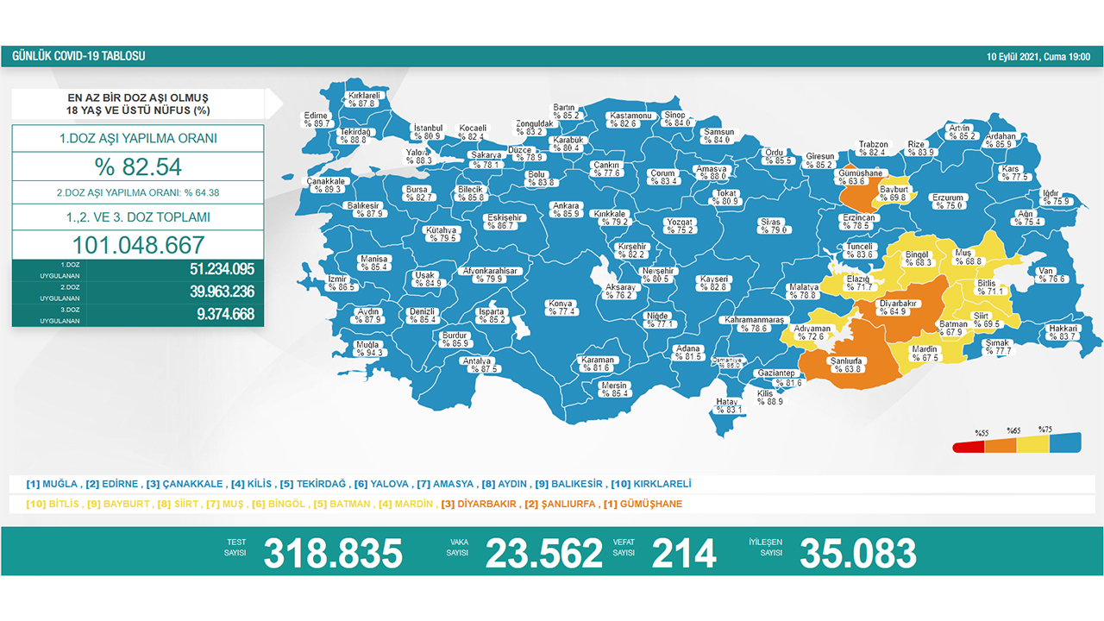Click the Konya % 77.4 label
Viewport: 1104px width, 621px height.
(561, 308)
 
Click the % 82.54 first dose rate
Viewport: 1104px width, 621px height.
(138, 166)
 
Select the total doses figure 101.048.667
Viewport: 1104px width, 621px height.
(138, 244)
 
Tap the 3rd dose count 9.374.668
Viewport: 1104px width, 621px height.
(225, 315)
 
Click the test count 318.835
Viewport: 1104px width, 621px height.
(333, 553)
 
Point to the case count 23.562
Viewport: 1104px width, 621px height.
(543, 553)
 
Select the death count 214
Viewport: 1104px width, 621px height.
(684, 553)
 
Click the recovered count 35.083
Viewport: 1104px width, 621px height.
(857, 553)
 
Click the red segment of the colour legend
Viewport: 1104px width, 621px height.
(968, 446)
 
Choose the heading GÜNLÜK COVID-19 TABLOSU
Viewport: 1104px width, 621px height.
(78, 56)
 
